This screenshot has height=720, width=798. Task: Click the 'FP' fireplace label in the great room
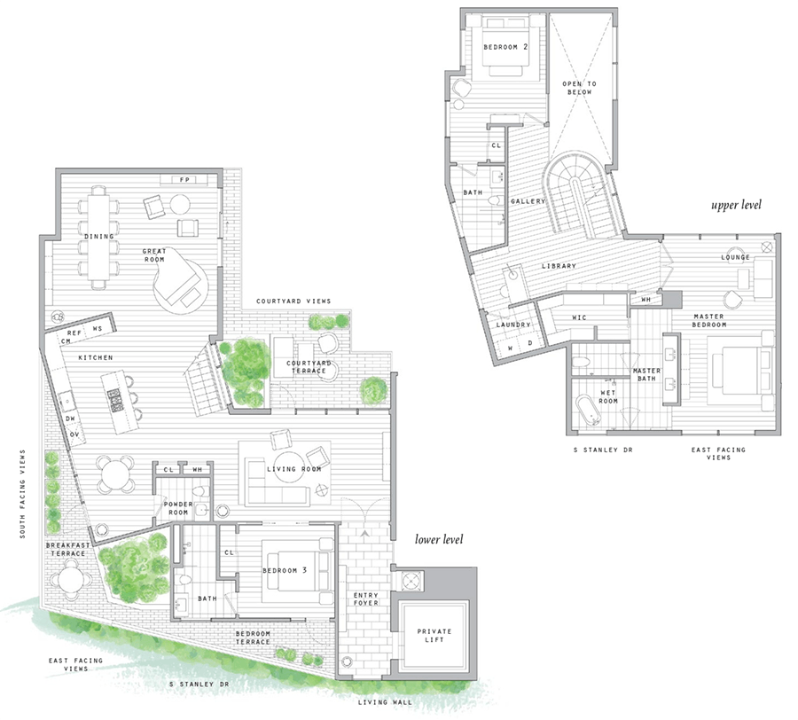pos(184,180)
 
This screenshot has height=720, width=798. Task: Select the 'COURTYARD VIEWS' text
pos(293,301)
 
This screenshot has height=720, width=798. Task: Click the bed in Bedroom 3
pos(303,569)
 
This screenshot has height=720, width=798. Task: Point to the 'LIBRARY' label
pos(559,265)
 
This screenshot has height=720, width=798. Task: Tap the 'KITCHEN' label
pos(94,357)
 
